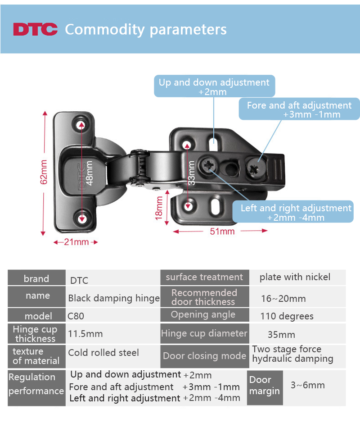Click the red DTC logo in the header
pyautogui.click(x=35, y=29)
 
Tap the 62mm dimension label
pyautogui.click(x=44, y=172)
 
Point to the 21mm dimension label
pyautogui.click(x=76, y=242)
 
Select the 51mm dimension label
pyautogui.click(x=222, y=232)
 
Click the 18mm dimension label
pyautogui.click(x=159, y=208)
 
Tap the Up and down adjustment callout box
pyautogui.click(x=215, y=86)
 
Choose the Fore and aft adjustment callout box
pyautogui.click(x=299, y=109)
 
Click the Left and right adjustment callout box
pyautogui.click(x=293, y=212)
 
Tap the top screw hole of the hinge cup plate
pyautogui.click(x=81, y=125)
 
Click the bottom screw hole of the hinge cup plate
pyautogui.click(x=82, y=218)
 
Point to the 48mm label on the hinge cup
pyautogui.click(x=90, y=173)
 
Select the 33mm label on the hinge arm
pyautogui.click(x=191, y=173)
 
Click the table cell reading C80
pyautogui.click(x=113, y=315)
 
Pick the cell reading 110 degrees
pyautogui.click(x=297, y=315)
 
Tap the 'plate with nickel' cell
pyautogui.click(x=297, y=277)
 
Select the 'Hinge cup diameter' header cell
pyautogui.click(x=204, y=334)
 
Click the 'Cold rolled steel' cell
pyautogui.click(x=113, y=356)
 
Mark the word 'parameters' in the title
pyautogui.click(x=188, y=30)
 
